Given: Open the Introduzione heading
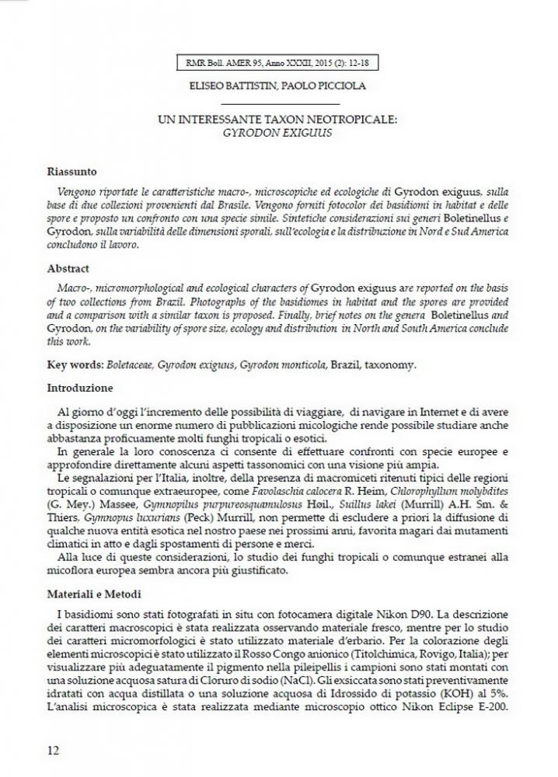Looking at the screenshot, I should [80, 387].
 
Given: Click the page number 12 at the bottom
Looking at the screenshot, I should [51, 750].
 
